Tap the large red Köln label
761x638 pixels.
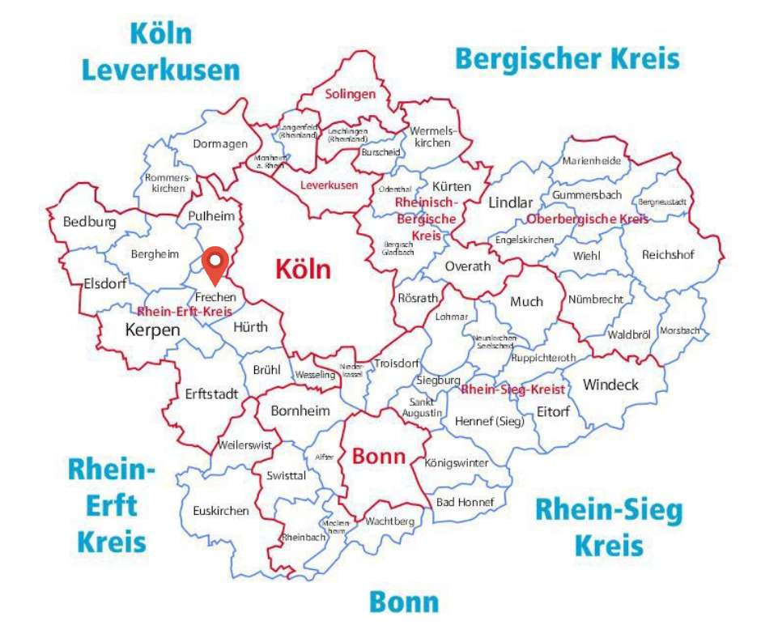coord(303,269)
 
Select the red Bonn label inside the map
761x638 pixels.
coord(378,456)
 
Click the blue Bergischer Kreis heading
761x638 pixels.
coord(567,59)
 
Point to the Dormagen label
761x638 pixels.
coord(219,144)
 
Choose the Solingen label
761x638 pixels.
coord(351,94)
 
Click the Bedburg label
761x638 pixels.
coord(89,222)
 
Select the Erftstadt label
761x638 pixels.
coord(211,394)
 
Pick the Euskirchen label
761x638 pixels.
coord(220,511)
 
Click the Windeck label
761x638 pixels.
coord(610,384)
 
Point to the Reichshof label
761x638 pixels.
coord(668,254)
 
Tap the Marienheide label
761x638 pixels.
coord(592,160)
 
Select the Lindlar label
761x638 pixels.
coord(510,202)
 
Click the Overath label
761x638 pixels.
coord(468,266)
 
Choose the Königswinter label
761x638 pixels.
coord(457,463)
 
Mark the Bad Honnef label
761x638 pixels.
coord(465,502)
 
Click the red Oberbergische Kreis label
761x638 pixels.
coord(587,219)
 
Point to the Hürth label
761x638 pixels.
coord(249,327)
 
